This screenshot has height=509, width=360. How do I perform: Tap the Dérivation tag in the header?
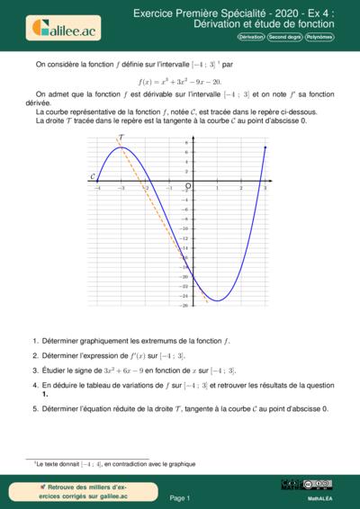(x=250, y=37)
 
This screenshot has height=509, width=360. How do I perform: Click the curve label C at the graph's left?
(x=93, y=178)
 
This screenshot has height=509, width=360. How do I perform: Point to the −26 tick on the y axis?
(x=183, y=305)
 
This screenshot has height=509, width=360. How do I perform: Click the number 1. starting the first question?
(x=35, y=341)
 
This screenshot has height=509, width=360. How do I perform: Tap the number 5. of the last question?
(x=35, y=408)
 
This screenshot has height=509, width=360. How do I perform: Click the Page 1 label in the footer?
(x=180, y=497)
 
